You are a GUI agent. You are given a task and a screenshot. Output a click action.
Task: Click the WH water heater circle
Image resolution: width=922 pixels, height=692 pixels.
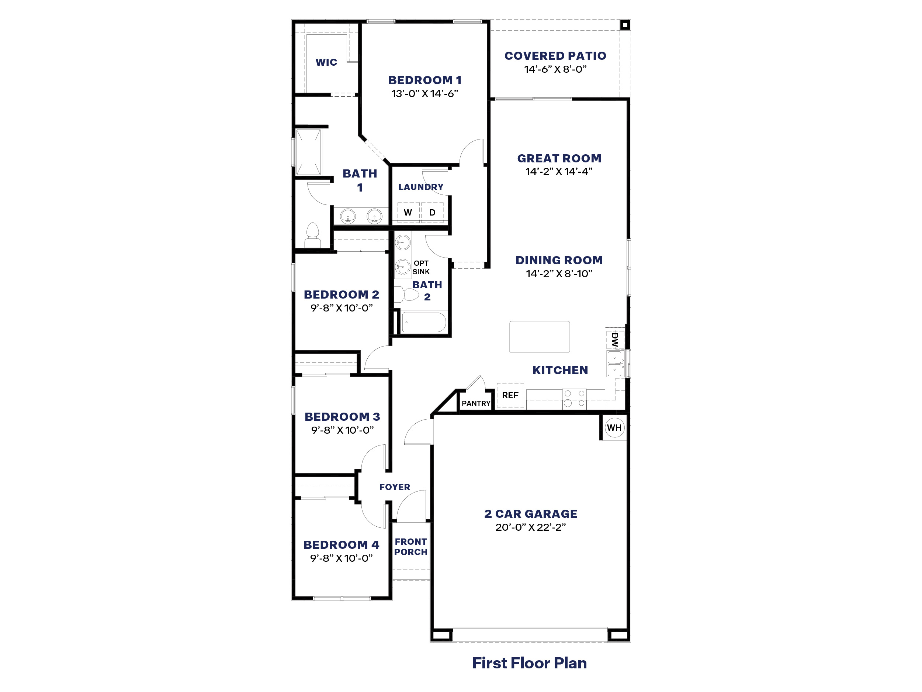(614, 427)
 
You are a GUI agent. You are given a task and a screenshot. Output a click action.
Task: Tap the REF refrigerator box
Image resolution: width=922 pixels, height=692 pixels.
(510, 395)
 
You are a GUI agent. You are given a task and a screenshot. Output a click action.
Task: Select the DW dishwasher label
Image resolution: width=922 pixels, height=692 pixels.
(615, 340)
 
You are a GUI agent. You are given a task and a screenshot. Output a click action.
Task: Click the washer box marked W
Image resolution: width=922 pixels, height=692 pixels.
(408, 212)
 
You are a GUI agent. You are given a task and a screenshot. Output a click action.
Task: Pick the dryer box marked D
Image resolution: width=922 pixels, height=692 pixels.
(432, 212)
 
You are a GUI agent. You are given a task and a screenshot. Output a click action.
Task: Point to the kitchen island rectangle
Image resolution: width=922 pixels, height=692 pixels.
(539, 337)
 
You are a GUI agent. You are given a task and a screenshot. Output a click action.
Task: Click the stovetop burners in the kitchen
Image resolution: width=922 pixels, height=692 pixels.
(574, 398)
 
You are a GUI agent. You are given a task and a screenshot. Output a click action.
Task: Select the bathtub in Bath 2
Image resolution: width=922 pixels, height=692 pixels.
(423, 323)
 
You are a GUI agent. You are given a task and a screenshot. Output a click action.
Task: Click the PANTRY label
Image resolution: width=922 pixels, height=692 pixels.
(476, 403)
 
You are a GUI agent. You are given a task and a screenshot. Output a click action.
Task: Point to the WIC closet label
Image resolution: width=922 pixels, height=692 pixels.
(326, 63)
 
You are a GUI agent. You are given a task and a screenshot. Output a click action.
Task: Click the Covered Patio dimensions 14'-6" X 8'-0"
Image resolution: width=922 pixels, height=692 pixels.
(555, 69)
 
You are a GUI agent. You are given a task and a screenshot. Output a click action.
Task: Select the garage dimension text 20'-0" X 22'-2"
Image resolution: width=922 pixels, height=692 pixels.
(530, 527)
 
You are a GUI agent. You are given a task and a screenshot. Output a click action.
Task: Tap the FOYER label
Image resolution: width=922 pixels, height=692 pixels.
(394, 487)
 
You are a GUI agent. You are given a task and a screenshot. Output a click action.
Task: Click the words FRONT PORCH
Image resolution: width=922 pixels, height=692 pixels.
(410, 547)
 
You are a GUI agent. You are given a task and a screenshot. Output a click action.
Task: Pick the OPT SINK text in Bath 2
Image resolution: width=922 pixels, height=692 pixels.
(421, 267)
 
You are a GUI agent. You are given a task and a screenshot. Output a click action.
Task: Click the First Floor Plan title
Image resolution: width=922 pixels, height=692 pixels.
(529, 663)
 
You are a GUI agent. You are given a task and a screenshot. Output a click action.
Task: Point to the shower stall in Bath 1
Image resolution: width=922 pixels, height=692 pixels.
(308, 152)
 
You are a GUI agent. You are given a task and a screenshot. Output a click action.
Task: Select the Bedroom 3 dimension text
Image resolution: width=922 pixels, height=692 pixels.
(342, 430)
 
